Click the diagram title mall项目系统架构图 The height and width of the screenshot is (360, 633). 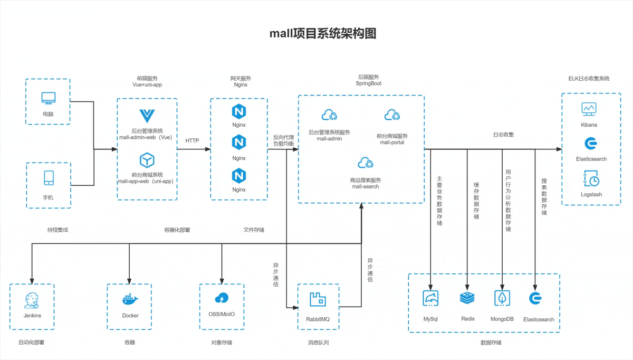tap(323, 34)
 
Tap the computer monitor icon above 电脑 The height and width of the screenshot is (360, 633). tap(49, 98)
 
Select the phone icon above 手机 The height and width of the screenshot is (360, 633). tap(49, 178)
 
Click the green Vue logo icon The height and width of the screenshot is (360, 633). tap(146, 116)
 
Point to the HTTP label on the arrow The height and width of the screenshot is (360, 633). tap(192, 141)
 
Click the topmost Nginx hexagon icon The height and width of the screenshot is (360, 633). tap(239, 111)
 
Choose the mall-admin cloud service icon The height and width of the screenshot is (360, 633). tap(329, 115)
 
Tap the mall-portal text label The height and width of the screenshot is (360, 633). tap(392, 143)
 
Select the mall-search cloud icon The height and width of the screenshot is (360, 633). tap(366, 163)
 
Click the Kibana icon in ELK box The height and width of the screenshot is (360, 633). tap(589, 109)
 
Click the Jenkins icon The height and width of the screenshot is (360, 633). tap(32, 300)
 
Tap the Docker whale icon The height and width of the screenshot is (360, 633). tap(130, 299)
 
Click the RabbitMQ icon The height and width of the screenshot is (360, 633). tap(318, 299)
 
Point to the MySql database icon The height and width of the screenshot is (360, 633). tap(430, 298)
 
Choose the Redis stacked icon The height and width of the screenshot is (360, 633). tap(467, 298)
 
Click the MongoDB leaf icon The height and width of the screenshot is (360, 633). tap(502, 298)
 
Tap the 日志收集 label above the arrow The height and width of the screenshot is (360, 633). tap(503, 135)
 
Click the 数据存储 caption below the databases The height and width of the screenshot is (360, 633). tap(491, 343)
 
